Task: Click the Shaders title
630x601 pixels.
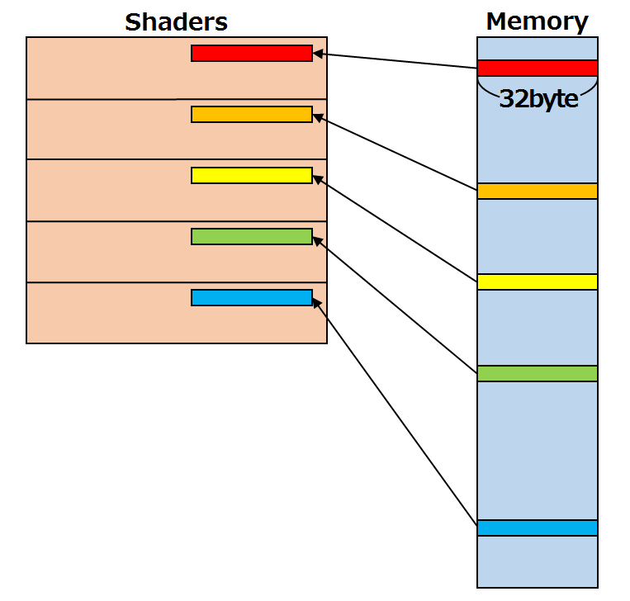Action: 176,21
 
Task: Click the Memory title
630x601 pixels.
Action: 537,21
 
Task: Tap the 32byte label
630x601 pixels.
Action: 538,101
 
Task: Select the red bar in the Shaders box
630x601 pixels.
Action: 251,53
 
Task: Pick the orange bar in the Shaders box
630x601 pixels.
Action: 251,115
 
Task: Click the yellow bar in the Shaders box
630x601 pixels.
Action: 251,175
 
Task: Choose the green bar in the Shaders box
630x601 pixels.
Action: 251,237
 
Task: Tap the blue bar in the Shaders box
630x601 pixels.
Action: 251,297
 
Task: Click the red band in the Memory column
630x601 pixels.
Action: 537,68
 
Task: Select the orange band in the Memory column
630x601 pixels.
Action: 537,191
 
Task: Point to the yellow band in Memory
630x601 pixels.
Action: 537,282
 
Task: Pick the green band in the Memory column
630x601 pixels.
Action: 537,373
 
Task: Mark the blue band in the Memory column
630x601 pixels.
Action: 537,528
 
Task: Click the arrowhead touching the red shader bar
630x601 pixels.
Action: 318,54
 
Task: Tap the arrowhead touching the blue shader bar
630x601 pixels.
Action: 317,303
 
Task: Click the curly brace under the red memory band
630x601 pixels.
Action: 537,84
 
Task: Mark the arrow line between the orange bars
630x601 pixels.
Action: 396,154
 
